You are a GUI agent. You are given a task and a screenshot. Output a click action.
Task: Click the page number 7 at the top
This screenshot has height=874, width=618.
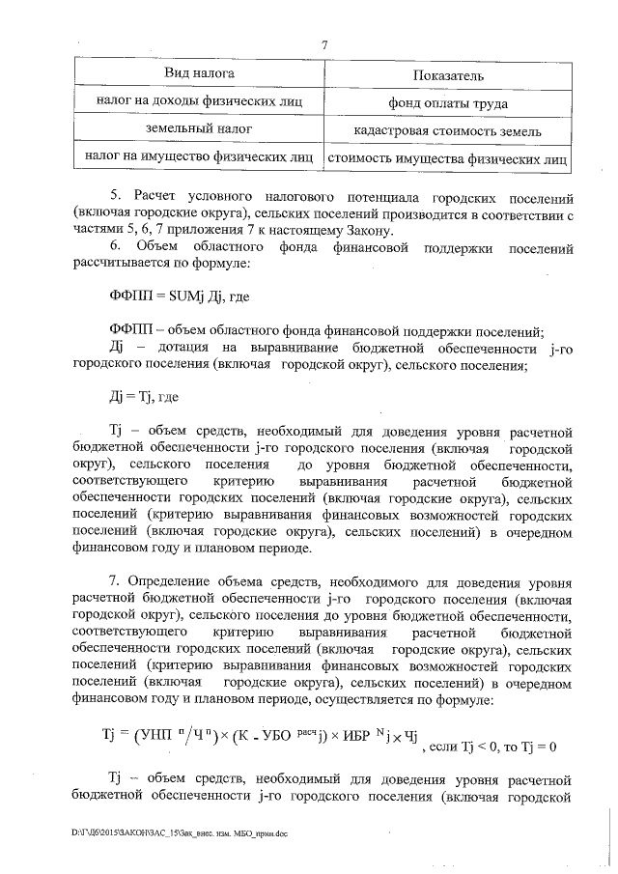[x=324, y=44]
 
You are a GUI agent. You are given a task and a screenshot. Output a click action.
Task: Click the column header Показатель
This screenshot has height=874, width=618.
[x=447, y=75]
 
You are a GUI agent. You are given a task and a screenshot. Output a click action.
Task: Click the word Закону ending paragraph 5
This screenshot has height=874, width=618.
[x=367, y=230]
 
